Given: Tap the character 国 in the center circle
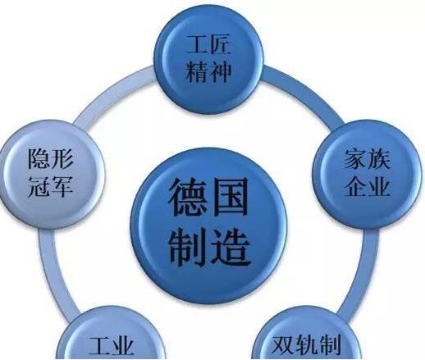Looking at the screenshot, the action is click(230, 198).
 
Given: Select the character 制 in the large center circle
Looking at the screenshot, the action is click(188, 248).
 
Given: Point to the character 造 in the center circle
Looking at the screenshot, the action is click(231, 248).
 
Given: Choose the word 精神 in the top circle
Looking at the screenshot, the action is click(208, 71).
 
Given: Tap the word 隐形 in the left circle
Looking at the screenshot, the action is click(51, 158).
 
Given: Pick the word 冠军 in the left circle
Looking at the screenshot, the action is click(51, 186).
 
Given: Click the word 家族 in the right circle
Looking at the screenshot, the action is click(367, 159).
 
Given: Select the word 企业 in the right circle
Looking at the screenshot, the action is click(367, 186).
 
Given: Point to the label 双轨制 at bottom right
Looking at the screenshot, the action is click(306, 345).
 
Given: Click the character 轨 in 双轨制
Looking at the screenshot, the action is click(306, 345).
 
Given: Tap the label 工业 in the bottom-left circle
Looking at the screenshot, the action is click(112, 347).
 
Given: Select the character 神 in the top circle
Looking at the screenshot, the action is click(221, 71).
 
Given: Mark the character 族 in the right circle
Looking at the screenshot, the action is click(379, 159).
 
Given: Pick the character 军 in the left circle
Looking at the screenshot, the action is click(62, 186).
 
